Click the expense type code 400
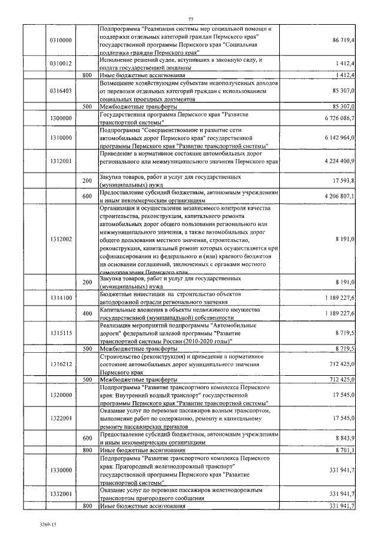tap(87, 313)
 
